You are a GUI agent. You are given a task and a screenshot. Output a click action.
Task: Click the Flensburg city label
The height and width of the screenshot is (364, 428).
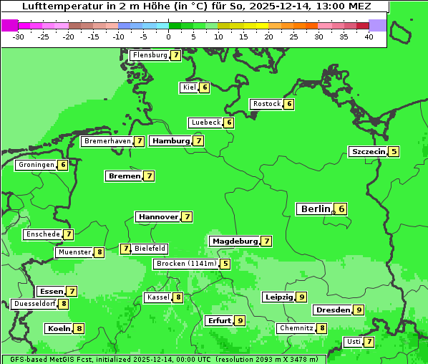click(x=150, y=55)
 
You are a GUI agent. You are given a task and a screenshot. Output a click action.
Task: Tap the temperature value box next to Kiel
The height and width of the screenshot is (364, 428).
click(x=205, y=87)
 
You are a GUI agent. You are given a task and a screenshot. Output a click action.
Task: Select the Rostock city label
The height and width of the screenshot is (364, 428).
click(x=267, y=104)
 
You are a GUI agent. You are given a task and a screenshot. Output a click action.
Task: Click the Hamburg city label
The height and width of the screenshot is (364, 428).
click(x=170, y=141)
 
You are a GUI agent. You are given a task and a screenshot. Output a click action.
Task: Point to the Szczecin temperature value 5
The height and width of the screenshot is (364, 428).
click(x=394, y=151)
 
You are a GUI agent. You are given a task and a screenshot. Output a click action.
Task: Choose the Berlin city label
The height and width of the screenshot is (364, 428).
click(x=315, y=209)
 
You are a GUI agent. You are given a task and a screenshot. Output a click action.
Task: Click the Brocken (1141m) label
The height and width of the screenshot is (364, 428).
click(x=185, y=264)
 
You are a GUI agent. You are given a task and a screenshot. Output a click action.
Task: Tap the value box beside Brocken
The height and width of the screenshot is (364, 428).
click(x=225, y=264)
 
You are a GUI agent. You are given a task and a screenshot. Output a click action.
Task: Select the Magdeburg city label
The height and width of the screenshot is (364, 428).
click(x=234, y=241)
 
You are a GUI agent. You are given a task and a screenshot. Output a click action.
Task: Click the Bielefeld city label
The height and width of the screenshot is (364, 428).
click(x=150, y=249)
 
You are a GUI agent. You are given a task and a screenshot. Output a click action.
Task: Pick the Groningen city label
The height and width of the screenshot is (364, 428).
click(x=37, y=165)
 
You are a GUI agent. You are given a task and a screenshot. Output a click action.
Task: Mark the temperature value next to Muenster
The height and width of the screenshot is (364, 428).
click(x=99, y=252)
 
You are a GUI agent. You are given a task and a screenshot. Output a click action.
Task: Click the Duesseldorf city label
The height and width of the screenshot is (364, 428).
click(x=34, y=304)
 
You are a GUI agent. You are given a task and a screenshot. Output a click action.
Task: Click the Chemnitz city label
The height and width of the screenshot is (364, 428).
click(x=296, y=328)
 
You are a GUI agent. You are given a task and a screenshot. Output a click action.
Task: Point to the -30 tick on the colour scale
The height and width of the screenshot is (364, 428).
click(x=19, y=37)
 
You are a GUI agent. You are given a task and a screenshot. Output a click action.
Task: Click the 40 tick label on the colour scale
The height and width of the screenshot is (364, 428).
click(x=369, y=37)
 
